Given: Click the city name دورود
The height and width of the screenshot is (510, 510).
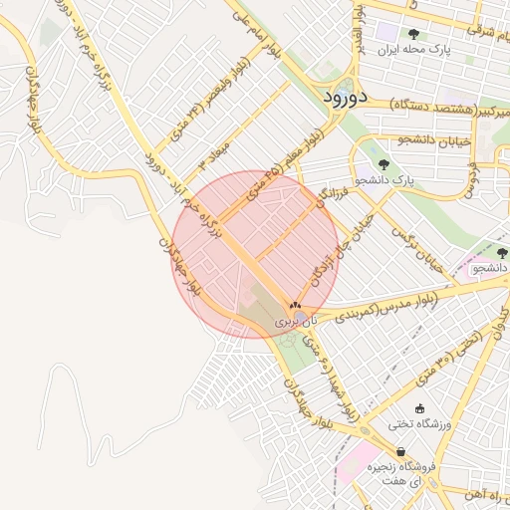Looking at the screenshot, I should (347, 97).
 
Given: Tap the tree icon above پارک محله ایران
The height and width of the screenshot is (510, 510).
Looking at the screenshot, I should (413, 34).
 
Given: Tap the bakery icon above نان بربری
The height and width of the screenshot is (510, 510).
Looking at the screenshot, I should (295, 306).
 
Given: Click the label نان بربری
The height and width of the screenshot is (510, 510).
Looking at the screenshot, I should (296, 322).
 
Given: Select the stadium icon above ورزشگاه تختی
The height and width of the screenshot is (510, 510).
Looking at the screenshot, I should (419, 408).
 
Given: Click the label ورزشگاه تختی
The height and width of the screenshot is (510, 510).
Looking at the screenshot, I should (423, 425).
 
